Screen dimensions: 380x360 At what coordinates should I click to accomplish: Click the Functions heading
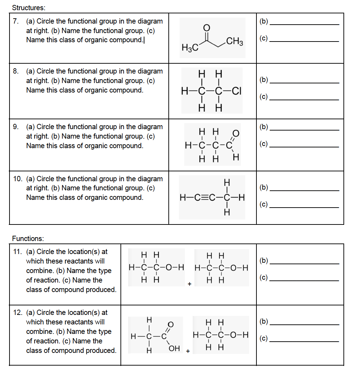[28, 239]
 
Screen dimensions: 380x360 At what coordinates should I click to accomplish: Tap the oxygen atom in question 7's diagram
[207, 28]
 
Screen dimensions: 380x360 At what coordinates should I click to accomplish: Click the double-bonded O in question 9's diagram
[236, 133]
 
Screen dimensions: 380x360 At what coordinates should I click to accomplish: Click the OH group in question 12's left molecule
[174, 349]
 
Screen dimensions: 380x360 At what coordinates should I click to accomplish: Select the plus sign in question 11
[190, 284]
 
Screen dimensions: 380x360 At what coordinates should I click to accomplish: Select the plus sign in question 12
[188, 351]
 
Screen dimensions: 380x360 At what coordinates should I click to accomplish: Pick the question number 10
[18, 179]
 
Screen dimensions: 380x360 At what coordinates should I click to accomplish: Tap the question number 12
[18, 312]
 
